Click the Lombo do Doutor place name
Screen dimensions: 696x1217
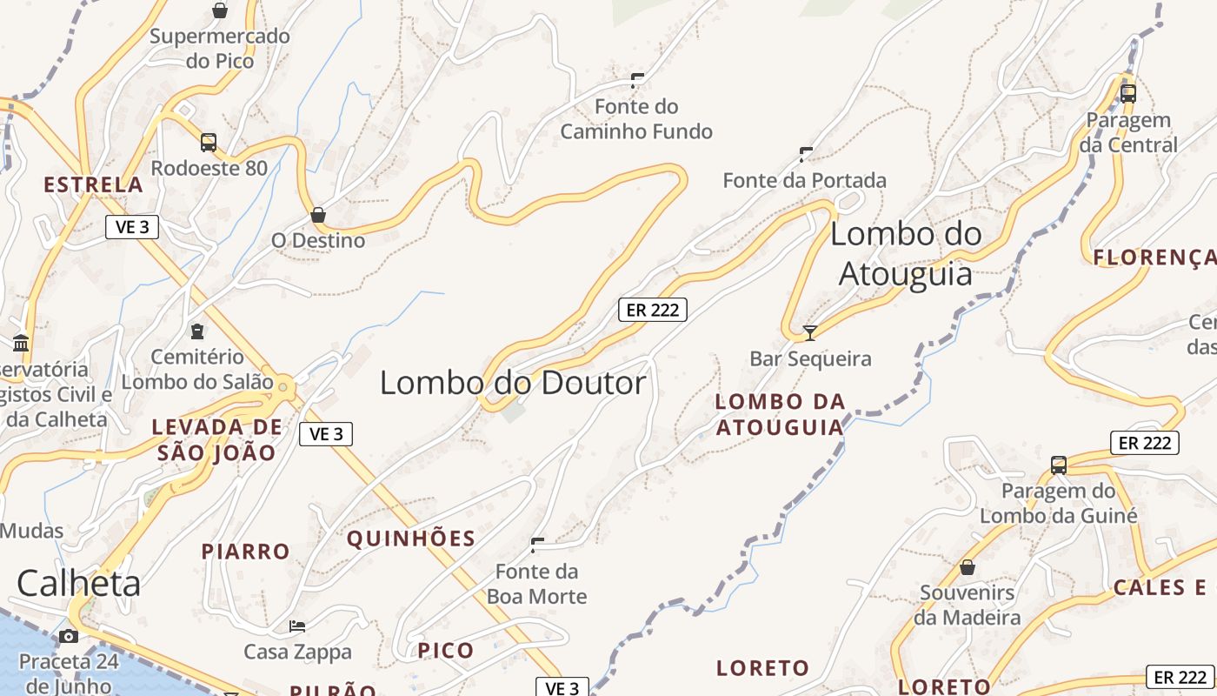coord(513,383)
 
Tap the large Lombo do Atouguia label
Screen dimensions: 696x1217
coord(906,253)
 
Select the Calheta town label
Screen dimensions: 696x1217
coord(78,583)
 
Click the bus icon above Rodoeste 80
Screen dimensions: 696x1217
coord(209,143)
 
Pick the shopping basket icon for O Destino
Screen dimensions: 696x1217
coord(318,214)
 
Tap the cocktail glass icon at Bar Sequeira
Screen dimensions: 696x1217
coord(810,332)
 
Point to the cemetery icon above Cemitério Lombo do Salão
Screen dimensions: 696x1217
coord(197,331)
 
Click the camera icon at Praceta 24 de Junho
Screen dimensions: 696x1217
coord(69,636)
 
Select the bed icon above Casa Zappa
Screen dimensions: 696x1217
coord(297,626)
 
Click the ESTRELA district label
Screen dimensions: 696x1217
coord(93,184)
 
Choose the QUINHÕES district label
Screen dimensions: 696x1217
coord(411,539)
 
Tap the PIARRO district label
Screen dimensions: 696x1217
coord(246,552)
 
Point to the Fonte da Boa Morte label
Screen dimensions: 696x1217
coord(536,584)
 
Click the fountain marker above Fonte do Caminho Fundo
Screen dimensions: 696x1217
coord(636,81)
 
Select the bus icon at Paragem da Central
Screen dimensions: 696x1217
coord(1128,94)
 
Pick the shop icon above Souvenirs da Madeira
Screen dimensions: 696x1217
coord(968,568)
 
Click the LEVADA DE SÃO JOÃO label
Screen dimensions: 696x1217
coord(216,439)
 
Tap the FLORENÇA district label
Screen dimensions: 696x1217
coord(1154,257)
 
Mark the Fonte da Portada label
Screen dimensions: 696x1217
coord(805,180)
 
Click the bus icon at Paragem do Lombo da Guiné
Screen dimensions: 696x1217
coord(1059,465)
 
